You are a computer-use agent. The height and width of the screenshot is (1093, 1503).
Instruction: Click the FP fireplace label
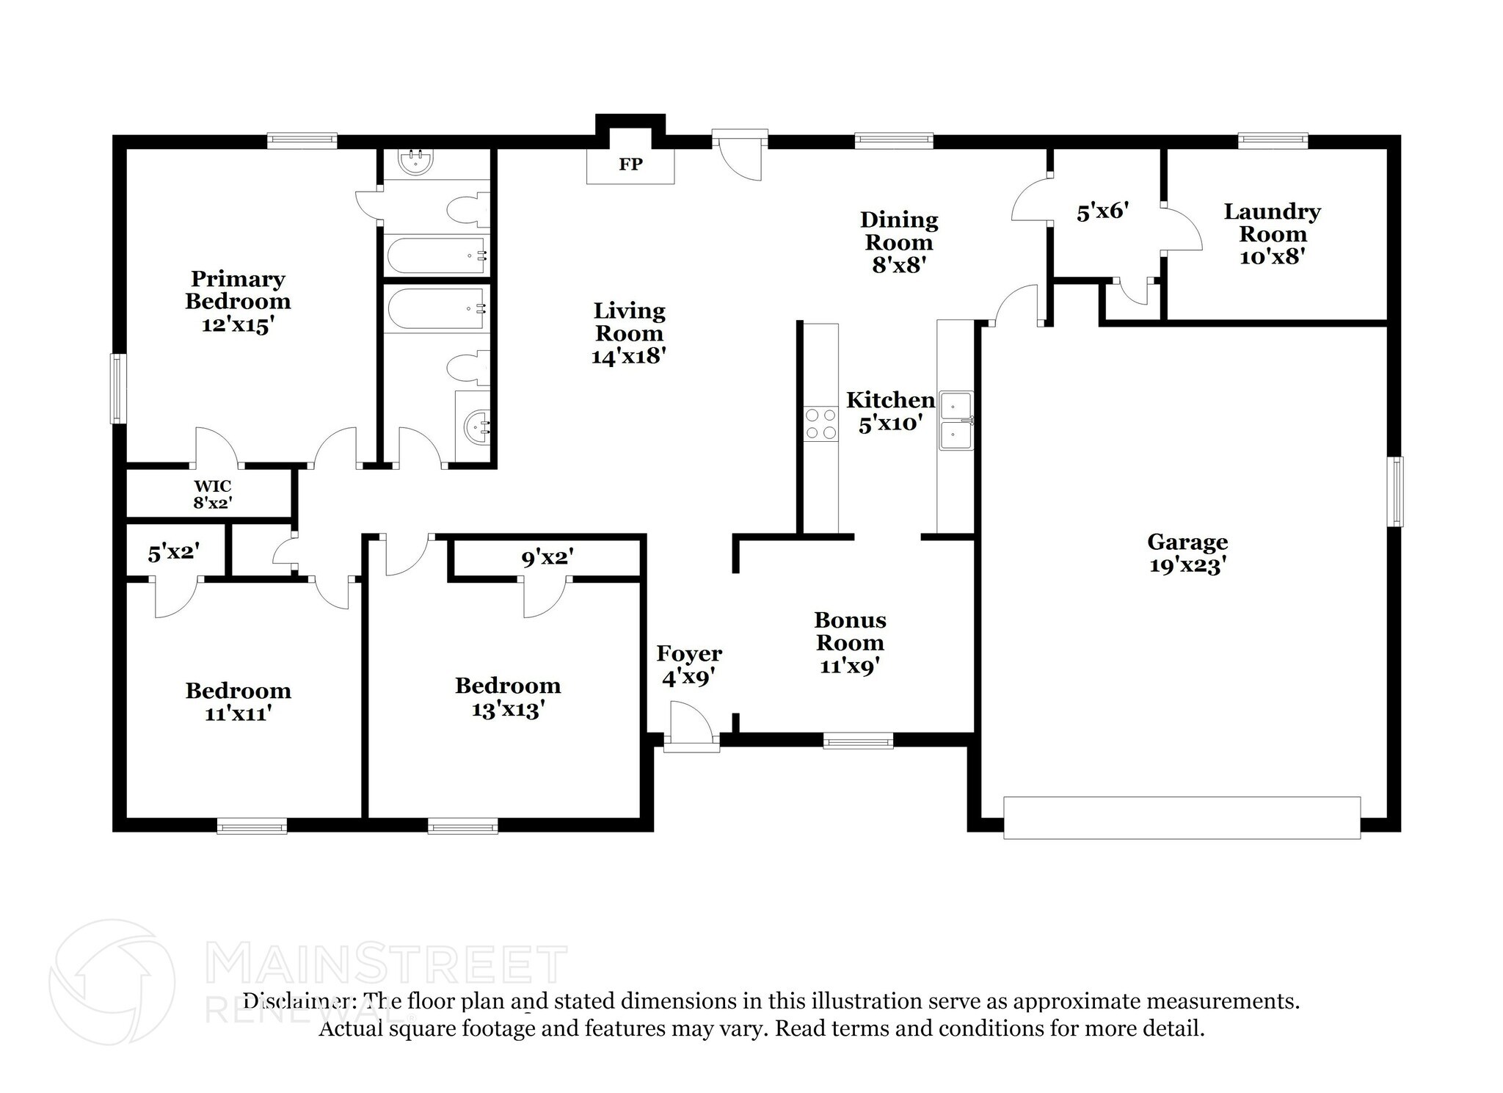(x=630, y=164)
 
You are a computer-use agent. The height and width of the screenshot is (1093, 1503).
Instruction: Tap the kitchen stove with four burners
(x=820, y=424)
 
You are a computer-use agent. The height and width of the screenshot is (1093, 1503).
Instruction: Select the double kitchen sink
(x=955, y=421)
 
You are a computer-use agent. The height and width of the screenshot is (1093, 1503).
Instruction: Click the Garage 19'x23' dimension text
(x=1187, y=565)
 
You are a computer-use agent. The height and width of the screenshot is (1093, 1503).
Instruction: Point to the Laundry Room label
(x=1272, y=223)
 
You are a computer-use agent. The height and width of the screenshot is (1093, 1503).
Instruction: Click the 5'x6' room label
(x=1102, y=212)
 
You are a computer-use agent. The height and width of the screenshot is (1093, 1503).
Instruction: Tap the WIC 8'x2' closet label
(x=213, y=494)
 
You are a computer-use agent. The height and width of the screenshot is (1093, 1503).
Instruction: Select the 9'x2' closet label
(x=547, y=558)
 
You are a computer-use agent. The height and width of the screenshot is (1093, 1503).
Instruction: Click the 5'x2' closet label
(x=174, y=553)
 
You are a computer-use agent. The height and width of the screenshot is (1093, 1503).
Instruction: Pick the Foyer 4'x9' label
(x=688, y=665)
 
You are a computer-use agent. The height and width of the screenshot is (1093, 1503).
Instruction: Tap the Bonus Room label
(x=850, y=631)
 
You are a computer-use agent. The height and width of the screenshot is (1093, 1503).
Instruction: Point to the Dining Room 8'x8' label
(x=898, y=242)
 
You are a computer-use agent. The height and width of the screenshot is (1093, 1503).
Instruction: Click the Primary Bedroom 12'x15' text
(x=238, y=301)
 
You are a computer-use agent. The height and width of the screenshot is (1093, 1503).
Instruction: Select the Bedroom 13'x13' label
(x=508, y=697)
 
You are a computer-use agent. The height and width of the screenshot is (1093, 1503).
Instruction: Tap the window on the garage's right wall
(x=1394, y=491)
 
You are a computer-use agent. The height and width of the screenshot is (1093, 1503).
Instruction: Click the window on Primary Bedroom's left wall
(x=118, y=388)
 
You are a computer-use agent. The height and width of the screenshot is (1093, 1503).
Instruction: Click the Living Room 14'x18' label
(x=629, y=333)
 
